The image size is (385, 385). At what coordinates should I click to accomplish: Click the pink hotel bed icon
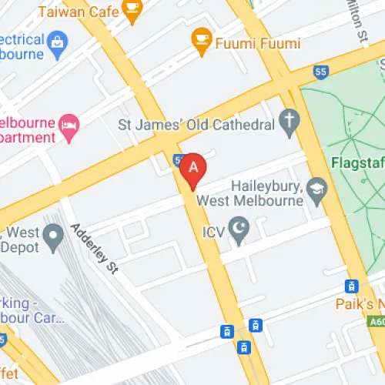(x=70, y=126)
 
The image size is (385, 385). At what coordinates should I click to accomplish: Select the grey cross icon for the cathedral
(x=290, y=120)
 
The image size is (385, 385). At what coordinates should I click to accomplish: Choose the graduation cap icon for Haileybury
(x=316, y=186)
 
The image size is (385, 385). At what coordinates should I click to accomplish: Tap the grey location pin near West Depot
(x=53, y=237)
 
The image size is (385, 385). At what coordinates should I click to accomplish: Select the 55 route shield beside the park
(x=320, y=72)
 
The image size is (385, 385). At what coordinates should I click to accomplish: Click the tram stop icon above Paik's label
(x=353, y=286)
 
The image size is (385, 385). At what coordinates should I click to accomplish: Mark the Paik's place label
(x=360, y=303)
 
